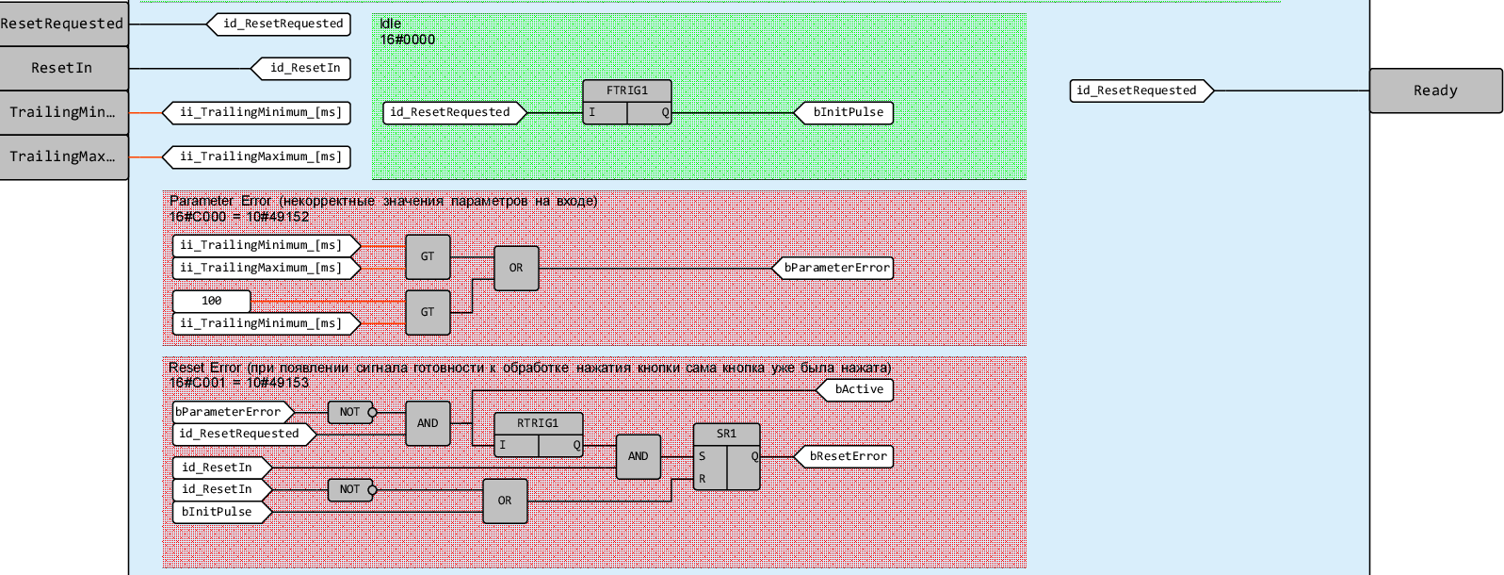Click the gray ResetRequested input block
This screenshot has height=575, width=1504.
coord(63,24)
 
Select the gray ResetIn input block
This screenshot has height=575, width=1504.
coord(63,68)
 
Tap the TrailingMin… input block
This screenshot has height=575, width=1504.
coord(63,112)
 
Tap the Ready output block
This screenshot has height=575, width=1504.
coord(1435,90)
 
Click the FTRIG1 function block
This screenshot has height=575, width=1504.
coord(626,102)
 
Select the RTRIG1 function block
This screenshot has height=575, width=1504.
coord(539,435)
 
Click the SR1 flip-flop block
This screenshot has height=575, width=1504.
coord(726,456)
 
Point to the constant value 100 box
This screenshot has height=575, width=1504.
coord(212,301)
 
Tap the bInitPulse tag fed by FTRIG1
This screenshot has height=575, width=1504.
coord(846,112)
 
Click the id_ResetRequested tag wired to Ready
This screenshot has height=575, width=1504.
coord(1140,90)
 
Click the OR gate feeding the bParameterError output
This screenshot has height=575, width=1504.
coord(516,268)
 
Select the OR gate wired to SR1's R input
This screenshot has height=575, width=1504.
coord(505,501)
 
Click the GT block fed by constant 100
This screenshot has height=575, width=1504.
coord(428,312)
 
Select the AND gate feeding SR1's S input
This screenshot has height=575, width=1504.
coord(639,456)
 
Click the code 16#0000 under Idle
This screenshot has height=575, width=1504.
coord(408,40)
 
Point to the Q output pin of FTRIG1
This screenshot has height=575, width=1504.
coord(665,112)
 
